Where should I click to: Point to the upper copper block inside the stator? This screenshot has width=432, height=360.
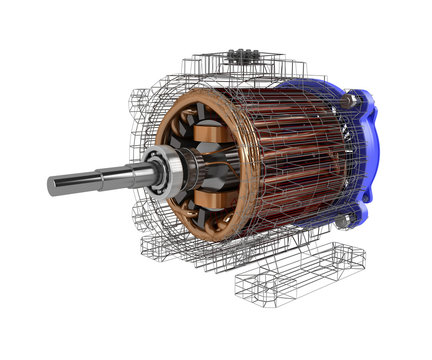(211, 134)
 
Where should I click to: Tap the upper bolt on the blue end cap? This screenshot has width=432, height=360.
(351, 100)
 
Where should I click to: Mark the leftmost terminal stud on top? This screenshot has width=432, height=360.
(232, 55)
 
